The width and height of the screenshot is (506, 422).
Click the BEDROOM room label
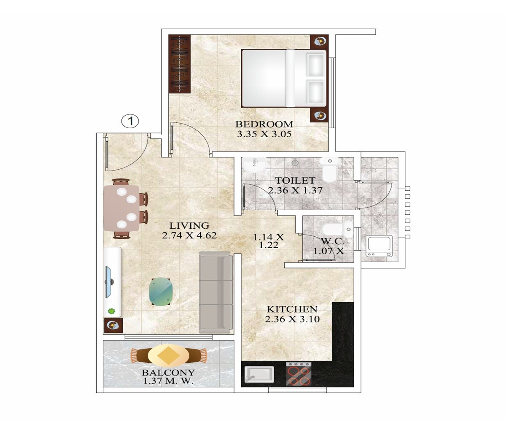click(264, 124)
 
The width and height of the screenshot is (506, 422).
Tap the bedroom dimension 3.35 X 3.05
click(264, 134)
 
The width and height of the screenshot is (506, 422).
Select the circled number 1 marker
click(130, 122)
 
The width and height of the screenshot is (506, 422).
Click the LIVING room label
click(189, 225)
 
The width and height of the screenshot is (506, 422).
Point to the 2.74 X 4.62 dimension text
click(189, 235)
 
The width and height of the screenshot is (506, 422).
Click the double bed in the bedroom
click(283, 78)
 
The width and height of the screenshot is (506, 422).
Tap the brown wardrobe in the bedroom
click(180, 64)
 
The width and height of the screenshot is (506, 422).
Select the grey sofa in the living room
click(215, 291)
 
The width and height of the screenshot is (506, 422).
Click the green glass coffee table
click(161, 292)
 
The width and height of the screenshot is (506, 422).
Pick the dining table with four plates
click(122, 208)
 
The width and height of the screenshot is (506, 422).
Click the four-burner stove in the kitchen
click(299, 374)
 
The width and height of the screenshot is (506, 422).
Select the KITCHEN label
click(292, 309)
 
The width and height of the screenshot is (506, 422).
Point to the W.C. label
click(333, 242)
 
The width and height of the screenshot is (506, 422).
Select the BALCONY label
click(168, 373)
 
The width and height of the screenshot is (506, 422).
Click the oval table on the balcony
click(168, 355)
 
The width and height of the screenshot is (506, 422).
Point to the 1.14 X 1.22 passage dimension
click(269, 241)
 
